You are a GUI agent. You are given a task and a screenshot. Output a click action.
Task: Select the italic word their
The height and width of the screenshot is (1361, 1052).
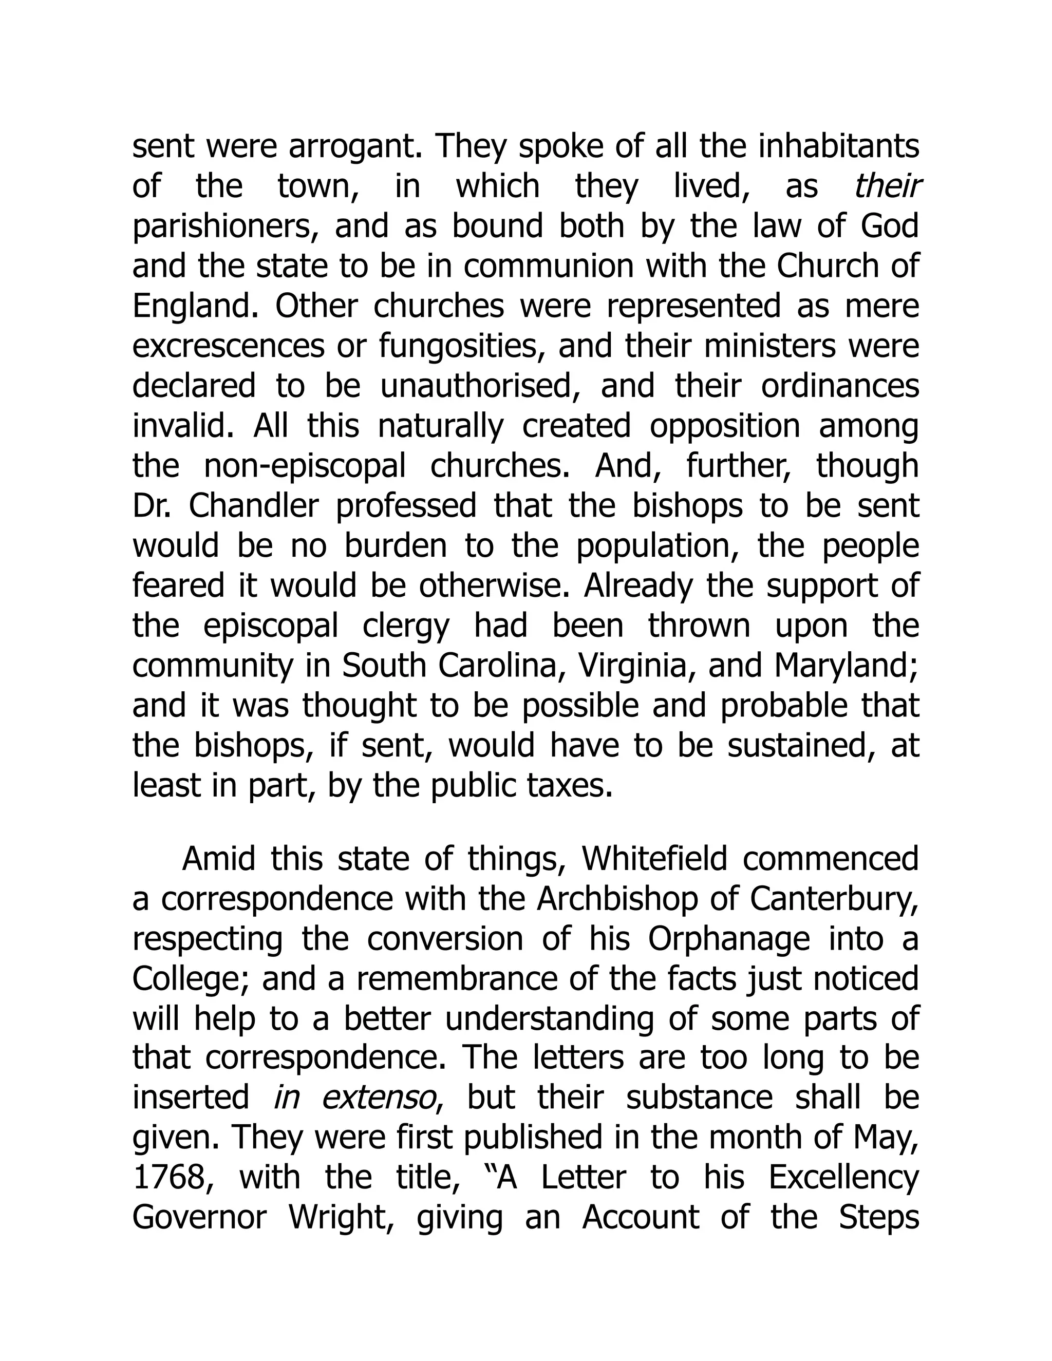click(x=888, y=186)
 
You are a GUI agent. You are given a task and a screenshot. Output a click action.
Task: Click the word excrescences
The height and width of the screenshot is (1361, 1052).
click(x=228, y=347)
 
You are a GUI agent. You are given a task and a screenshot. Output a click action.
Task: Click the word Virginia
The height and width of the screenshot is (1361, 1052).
click(x=634, y=666)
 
